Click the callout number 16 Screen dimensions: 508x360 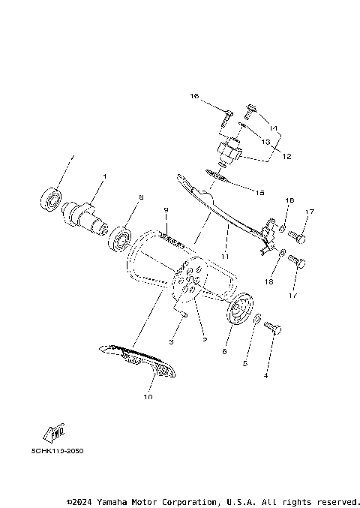(x=194, y=97)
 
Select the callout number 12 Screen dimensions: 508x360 (x=286, y=156)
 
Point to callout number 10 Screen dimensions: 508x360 (x=147, y=396)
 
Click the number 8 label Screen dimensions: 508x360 (x=139, y=197)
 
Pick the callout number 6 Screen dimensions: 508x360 (x=224, y=350)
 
